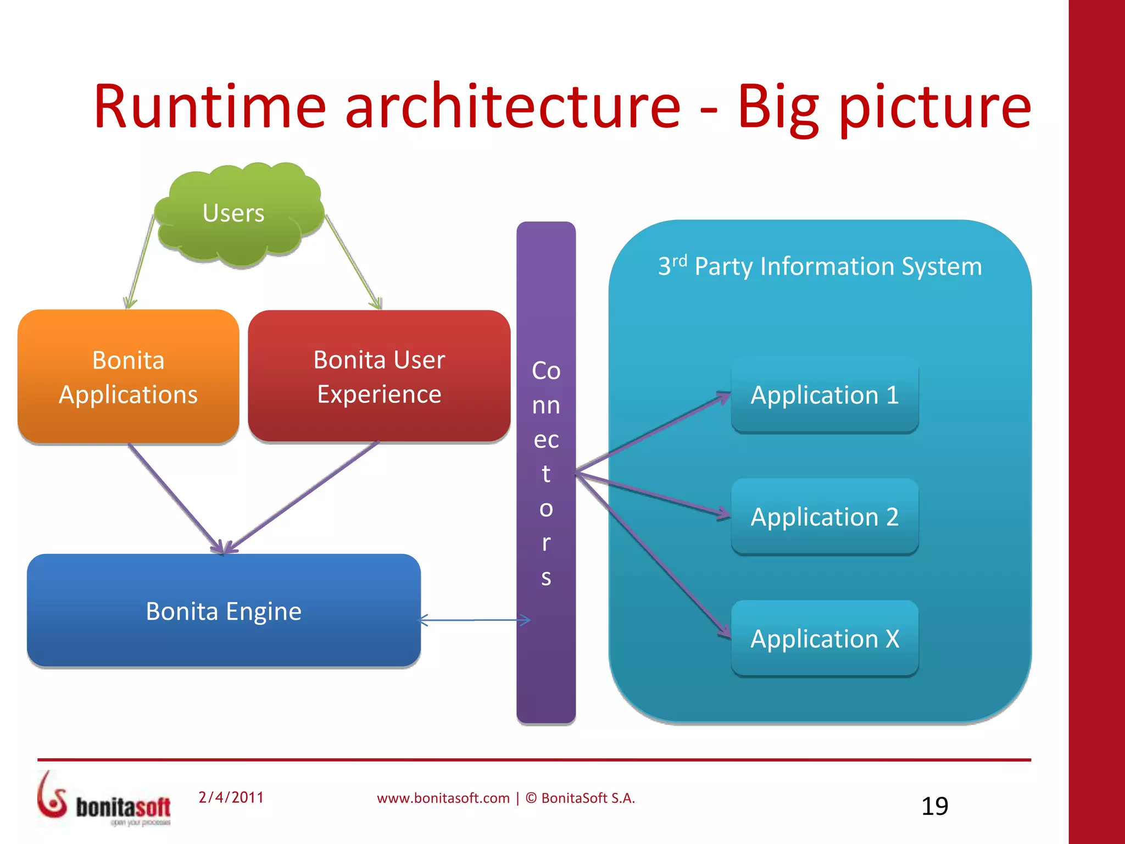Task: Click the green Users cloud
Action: tap(236, 214)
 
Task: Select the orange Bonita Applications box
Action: tap(128, 377)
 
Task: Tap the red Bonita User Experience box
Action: tap(379, 377)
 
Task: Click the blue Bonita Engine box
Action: tap(224, 611)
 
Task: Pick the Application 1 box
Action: tap(824, 395)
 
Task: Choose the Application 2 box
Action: tap(824, 517)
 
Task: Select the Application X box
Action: tap(824, 639)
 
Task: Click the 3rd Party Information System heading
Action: tap(820, 266)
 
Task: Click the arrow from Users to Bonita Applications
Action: tap(141, 261)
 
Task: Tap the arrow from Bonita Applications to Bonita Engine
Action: tap(175, 497)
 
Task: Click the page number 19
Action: tap(934, 806)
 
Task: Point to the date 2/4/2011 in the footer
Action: tap(231, 797)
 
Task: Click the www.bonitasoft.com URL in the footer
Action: tap(443, 798)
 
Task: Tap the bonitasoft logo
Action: tap(104, 799)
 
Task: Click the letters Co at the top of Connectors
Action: tap(546, 371)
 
